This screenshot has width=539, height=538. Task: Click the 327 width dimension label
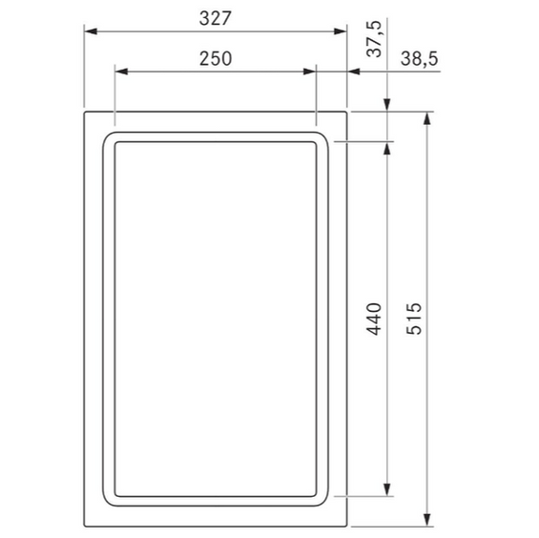point(216,18)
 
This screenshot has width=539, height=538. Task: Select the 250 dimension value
point(216,58)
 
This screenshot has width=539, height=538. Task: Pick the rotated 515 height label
point(413,319)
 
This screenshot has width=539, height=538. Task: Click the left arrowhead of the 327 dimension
point(92,31)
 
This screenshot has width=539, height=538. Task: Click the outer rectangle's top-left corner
point(86,113)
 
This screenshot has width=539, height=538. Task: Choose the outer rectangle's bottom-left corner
point(86,526)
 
